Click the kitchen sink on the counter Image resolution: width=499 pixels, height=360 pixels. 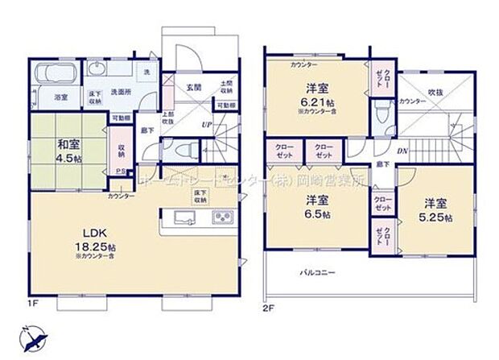pos(182,218)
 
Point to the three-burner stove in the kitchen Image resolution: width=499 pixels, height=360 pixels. pos(221,218)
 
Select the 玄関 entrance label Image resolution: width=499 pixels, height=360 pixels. pos(194,87)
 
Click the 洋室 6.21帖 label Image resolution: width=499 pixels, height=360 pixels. pos(315,97)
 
